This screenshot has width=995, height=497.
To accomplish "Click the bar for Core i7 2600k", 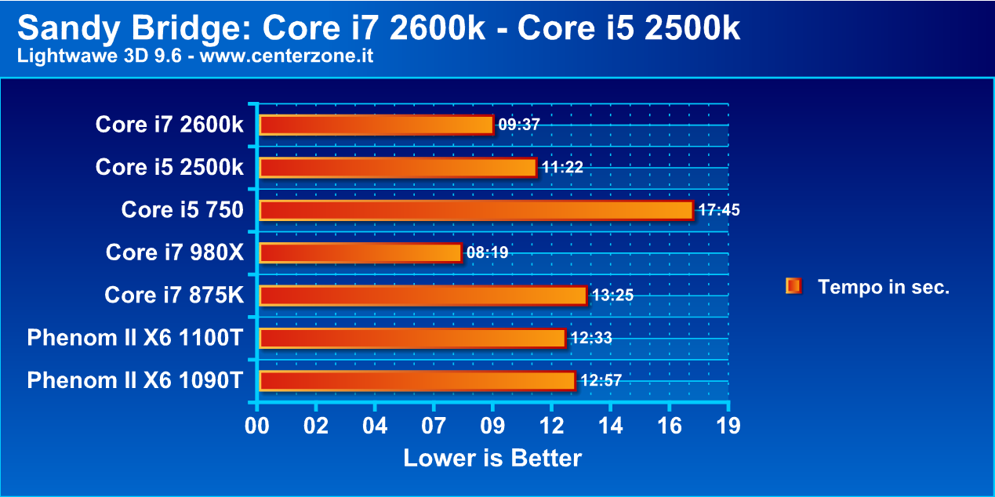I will [x=376, y=125].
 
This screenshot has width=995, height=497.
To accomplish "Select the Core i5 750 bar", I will [x=476, y=210].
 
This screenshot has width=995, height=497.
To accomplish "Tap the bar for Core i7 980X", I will [x=360, y=252].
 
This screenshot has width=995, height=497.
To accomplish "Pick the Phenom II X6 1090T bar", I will [x=417, y=380].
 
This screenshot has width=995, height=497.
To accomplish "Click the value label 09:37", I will [x=519, y=125].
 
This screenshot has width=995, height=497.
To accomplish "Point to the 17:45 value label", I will [x=718, y=210].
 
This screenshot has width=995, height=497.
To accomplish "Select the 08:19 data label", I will [x=487, y=252].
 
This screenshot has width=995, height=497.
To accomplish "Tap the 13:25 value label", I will [x=612, y=296].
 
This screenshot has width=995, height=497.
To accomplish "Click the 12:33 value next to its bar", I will [x=590, y=338].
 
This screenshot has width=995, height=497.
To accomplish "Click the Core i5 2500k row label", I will [x=169, y=167].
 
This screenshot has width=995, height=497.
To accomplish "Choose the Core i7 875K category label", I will [x=174, y=295].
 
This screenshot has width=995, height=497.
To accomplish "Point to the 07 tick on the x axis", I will [x=434, y=426].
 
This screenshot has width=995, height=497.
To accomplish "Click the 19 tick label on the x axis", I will [x=728, y=426].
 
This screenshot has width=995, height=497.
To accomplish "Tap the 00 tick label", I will [x=257, y=426].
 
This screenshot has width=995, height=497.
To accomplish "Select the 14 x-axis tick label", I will [x=610, y=426].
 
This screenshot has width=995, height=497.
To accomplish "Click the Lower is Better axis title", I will [x=492, y=458].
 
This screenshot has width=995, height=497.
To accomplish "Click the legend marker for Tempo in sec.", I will [x=793, y=286].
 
